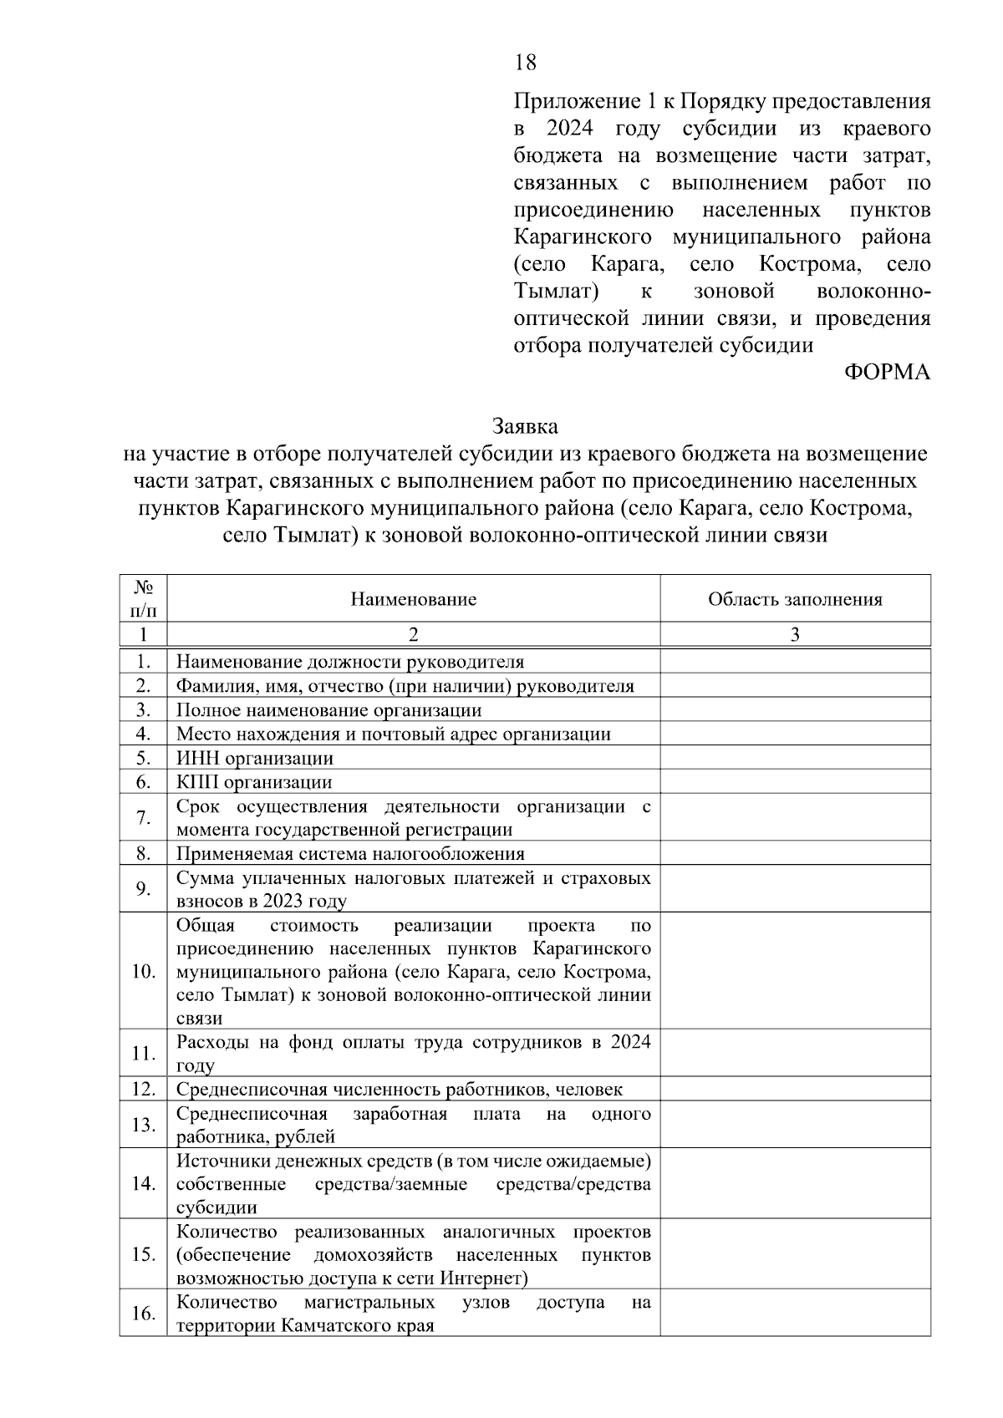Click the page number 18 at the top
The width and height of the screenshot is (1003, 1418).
(525, 63)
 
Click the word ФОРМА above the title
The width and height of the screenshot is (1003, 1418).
(887, 373)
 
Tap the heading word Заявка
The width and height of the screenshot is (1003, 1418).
(525, 426)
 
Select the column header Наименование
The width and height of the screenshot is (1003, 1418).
(413, 599)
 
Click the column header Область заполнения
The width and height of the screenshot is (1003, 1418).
(795, 599)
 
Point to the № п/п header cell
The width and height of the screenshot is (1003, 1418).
(143, 598)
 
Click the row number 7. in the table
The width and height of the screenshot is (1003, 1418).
(143, 817)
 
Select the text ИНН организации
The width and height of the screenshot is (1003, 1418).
(254, 758)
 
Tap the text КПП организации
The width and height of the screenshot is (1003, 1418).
(253, 782)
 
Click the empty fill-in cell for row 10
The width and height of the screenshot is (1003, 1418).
(795, 971)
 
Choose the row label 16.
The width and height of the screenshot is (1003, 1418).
(143, 1314)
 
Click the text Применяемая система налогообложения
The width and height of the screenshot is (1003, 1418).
(350, 853)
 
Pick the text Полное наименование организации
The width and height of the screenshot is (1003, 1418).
(328, 710)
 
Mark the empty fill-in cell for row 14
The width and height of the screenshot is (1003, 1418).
(795, 1183)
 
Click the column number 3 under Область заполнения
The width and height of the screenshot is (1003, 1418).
(795, 634)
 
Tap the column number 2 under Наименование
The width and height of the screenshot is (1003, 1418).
(413, 634)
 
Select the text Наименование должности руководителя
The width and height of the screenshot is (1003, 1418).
(349, 662)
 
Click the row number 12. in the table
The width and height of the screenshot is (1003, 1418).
(143, 1089)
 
